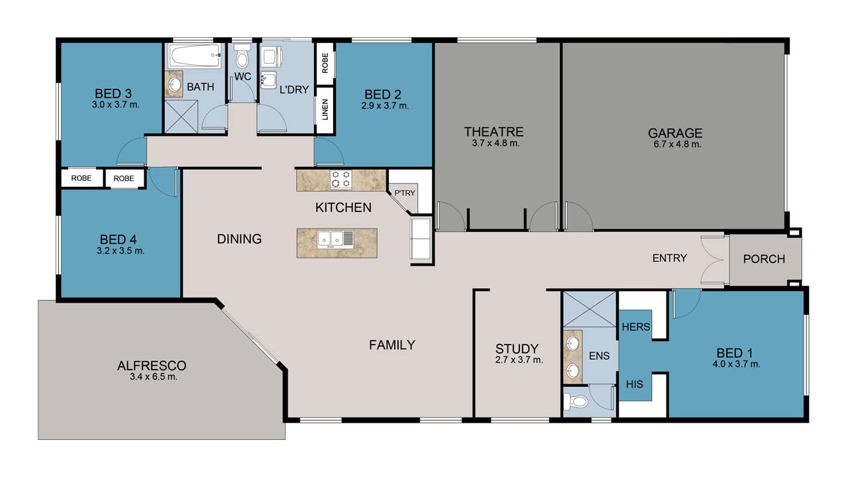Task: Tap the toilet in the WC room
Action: [242, 58]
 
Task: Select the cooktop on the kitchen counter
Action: [341, 180]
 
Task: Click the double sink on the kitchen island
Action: [335, 238]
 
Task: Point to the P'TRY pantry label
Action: [404, 193]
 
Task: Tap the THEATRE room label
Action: [494, 132]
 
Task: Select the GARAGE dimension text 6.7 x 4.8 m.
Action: [674, 144]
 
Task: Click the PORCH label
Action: [764, 258]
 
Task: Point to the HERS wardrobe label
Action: [635, 327]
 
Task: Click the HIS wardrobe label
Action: [634, 384]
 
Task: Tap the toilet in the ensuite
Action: [577, 401]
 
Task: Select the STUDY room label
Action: [517, 348]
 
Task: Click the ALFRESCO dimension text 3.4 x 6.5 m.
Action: [152, 377]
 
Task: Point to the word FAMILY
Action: [392, 344]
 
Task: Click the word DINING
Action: [239, 238]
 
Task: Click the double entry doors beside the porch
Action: [714, 261]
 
